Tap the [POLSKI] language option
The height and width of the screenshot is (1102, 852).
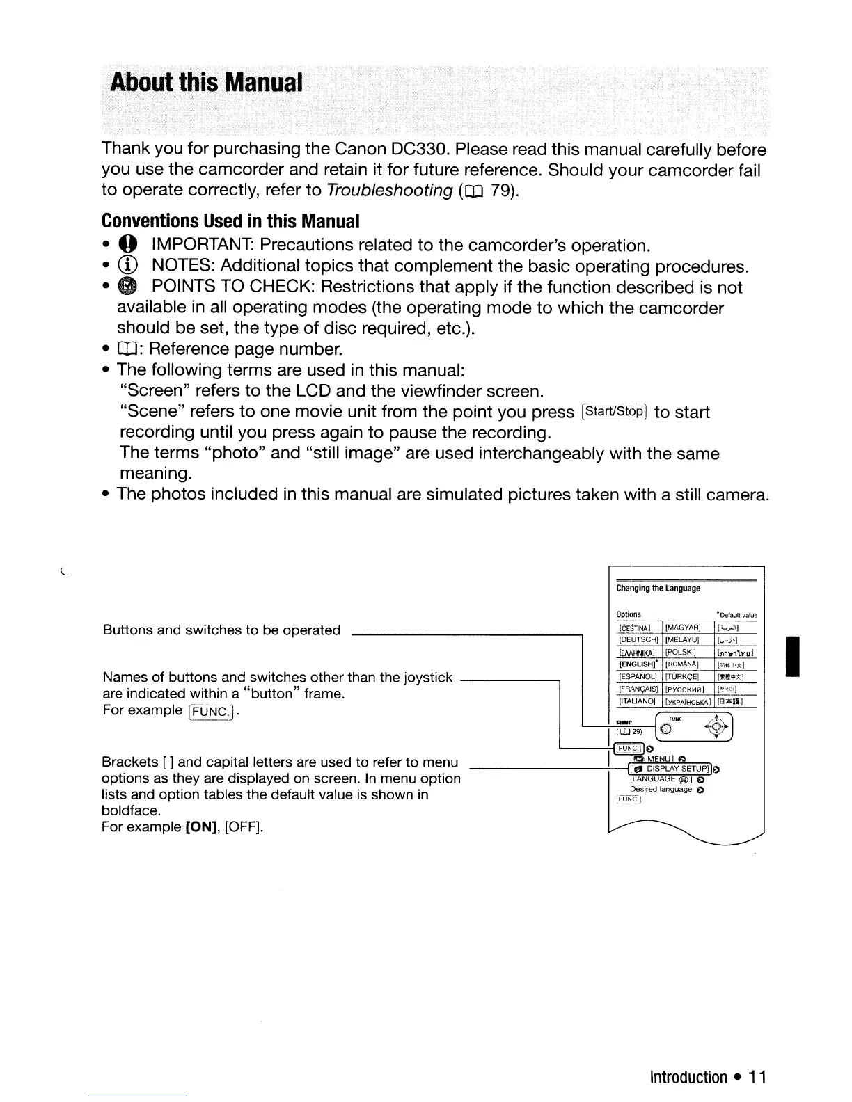[683, 653]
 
